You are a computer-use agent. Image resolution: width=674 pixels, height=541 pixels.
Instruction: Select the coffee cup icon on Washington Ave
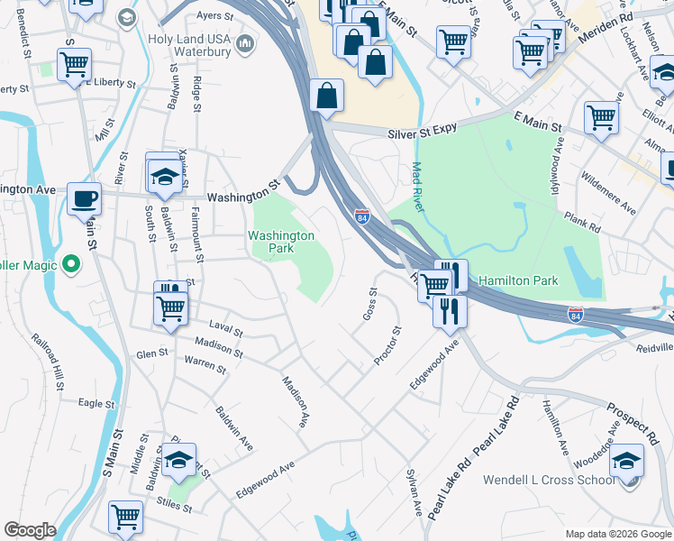tap(86, 198)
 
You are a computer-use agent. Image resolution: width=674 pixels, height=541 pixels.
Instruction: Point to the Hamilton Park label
tap(518, 280)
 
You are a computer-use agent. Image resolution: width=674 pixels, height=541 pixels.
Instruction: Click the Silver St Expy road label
tap(423, 133)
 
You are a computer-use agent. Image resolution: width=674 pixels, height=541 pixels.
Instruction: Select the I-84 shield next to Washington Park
tap(361, 217)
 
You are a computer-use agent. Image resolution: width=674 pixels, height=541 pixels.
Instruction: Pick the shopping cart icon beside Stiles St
tap(125, 518)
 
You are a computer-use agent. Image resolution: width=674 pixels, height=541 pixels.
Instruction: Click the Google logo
tap(30, 530)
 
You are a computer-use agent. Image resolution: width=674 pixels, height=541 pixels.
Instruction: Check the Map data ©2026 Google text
tap(617, 534)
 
